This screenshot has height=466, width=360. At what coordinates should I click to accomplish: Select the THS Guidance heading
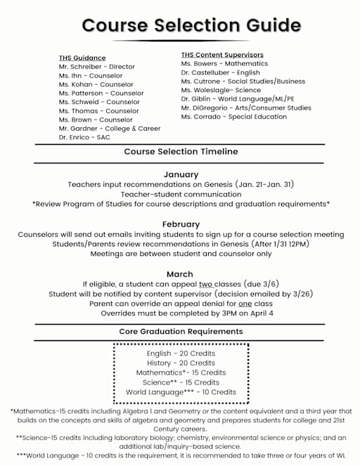82,58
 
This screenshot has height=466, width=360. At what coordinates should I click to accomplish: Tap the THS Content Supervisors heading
222,55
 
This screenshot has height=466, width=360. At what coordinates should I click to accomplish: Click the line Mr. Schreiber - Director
97,67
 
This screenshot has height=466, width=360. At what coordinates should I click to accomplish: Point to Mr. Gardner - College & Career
110,129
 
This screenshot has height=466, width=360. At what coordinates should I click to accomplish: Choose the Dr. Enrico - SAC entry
84,138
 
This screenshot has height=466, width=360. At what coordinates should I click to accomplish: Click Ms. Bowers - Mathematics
220,64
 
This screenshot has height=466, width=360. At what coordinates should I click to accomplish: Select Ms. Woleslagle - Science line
221,90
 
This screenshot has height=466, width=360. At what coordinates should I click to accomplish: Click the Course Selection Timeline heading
181,152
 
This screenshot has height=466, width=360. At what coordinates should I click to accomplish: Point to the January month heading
181,174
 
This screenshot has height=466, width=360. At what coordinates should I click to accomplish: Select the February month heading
181,224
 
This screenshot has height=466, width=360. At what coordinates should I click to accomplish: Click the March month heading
180,274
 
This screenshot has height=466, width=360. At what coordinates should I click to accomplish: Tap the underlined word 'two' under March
205,284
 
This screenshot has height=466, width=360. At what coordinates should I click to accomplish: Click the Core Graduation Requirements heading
181,331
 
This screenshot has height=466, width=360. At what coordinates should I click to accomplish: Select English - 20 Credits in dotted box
181,354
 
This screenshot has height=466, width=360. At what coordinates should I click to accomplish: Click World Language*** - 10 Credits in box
181,392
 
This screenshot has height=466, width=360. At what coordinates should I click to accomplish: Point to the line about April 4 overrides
187,313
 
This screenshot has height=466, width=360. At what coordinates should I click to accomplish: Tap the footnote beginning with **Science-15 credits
181,441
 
